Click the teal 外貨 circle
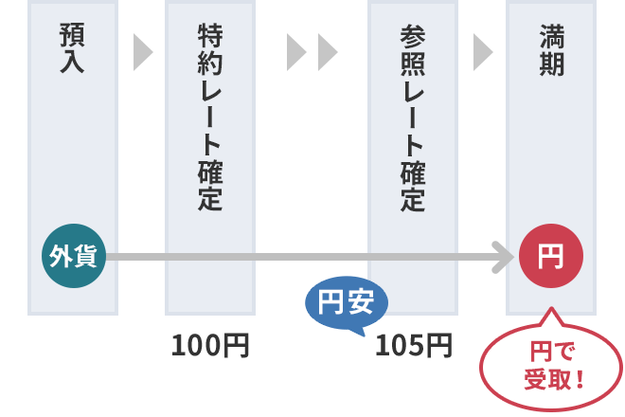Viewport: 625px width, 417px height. click(74, 256)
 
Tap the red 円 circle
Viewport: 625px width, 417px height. click(551, 256)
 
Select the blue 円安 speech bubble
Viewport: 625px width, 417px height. click(347, 304)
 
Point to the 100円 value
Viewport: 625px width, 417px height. click(210, 346)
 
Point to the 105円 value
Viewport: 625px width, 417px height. click(414, 346)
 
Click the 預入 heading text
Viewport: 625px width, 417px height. click(72, 48)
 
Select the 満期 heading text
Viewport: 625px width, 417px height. click(552, 49)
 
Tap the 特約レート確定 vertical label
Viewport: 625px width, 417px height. click(210, 117)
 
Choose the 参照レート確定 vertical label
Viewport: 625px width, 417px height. click(413, 118)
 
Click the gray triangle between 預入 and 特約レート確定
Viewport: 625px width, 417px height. click(143, 52)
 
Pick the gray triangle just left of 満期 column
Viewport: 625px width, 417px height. click(483, 52)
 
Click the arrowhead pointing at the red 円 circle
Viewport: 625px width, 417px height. click(504, 257)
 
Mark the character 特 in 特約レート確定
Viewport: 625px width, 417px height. click(210, 35)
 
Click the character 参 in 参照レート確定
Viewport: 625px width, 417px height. click(413, 36)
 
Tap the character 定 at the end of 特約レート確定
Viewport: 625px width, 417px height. click(210, 198)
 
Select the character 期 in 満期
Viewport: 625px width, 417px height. click(552, 63)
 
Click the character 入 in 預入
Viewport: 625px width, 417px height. click(72, 61)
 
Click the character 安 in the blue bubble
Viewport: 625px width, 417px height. click(361, 301)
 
